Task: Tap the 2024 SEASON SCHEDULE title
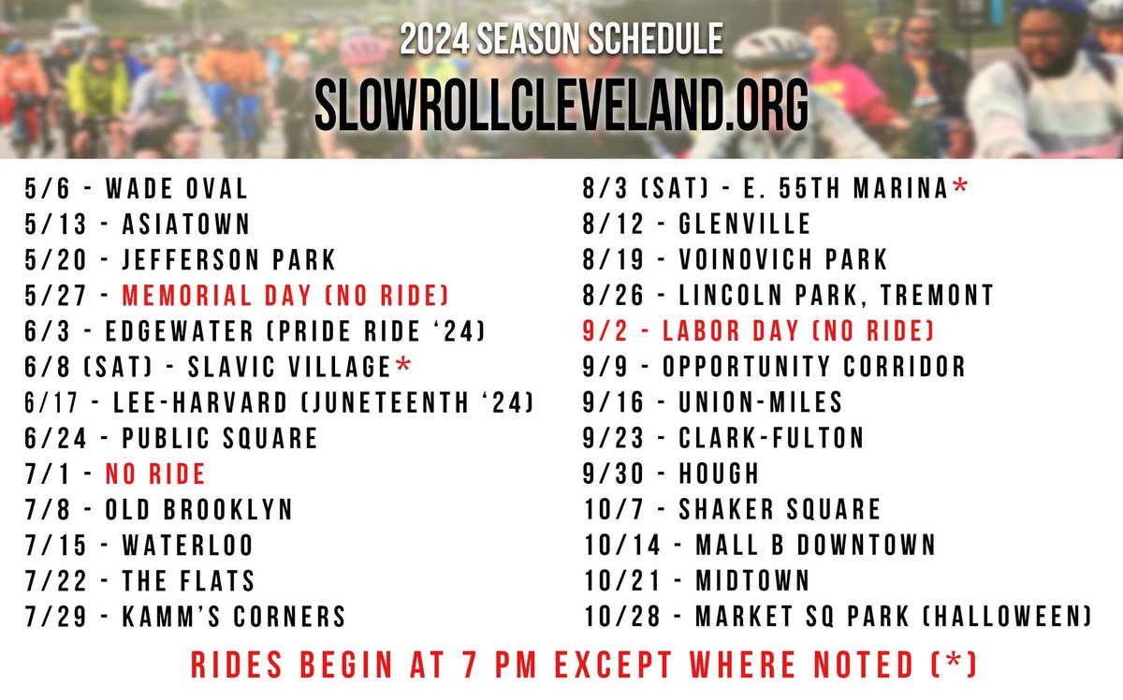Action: pyautogui.click(x=561, y=41)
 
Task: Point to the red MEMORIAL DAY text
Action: pyautogui.click(x=205, y=296)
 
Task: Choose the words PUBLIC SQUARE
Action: pyautogui.click(x=220, y=438)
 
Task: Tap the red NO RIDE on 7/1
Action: pyautogui.click(x=155, y=474)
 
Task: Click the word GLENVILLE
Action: pyautogui.click(x=746, y=225)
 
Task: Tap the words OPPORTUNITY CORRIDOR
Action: pyautogui.click(x=813, y=366)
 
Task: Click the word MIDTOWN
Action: pyautogui.click(x=751, y=580)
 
